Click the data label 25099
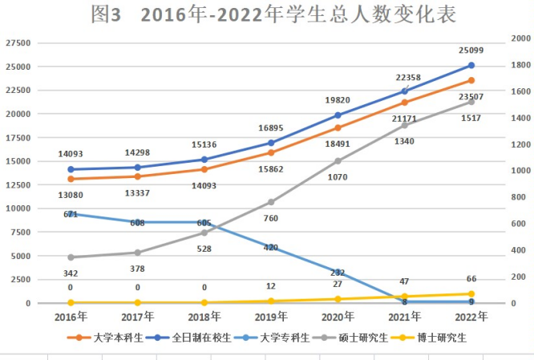point(471,51)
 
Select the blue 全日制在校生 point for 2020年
point(338,115)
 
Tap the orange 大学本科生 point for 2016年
point(71,179)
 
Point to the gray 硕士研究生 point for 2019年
point(271,202)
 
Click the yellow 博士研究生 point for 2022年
point(471,293)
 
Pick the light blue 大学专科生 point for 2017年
point(137,222)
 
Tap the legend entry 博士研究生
point(439,338)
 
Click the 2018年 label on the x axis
point(204,317)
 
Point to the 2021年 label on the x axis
point(404,317)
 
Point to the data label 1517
point(471,118)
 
